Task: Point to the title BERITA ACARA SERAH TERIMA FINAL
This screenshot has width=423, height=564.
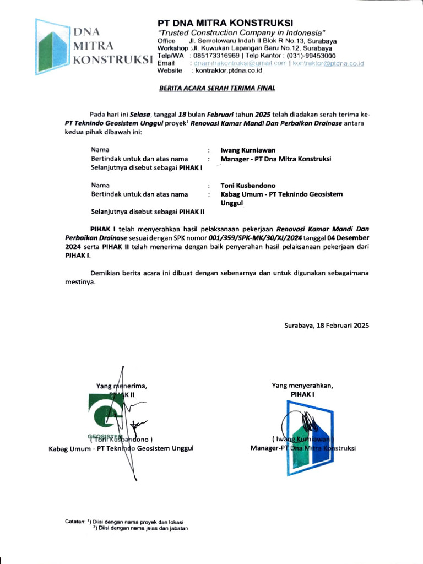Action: click(x=217, y=88)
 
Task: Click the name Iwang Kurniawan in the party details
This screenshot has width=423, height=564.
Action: click(x=248, y=150)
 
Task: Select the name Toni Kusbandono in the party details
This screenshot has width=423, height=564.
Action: click(x=249, y=186)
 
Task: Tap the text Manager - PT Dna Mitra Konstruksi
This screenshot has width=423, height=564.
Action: click(x=275, y=159)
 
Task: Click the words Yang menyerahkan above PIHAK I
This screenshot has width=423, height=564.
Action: click(x=302, y=386)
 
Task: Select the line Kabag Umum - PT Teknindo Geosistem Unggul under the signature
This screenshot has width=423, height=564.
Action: click(x=121, y=448)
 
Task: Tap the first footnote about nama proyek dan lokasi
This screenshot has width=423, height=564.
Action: click(x=138, y=521)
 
